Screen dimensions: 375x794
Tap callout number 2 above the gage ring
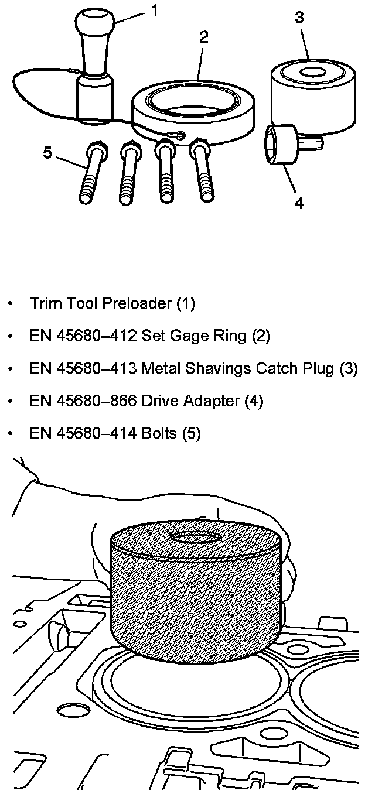[x=203, y=37]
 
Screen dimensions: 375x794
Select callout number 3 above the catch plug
[x=299, y=18]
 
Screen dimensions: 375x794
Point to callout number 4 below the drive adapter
[x=299, y=204]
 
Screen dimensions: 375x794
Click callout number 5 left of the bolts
[x=47, y=153]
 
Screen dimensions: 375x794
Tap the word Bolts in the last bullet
[x=159, y=434]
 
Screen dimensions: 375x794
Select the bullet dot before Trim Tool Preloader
[x=10, y=304]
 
